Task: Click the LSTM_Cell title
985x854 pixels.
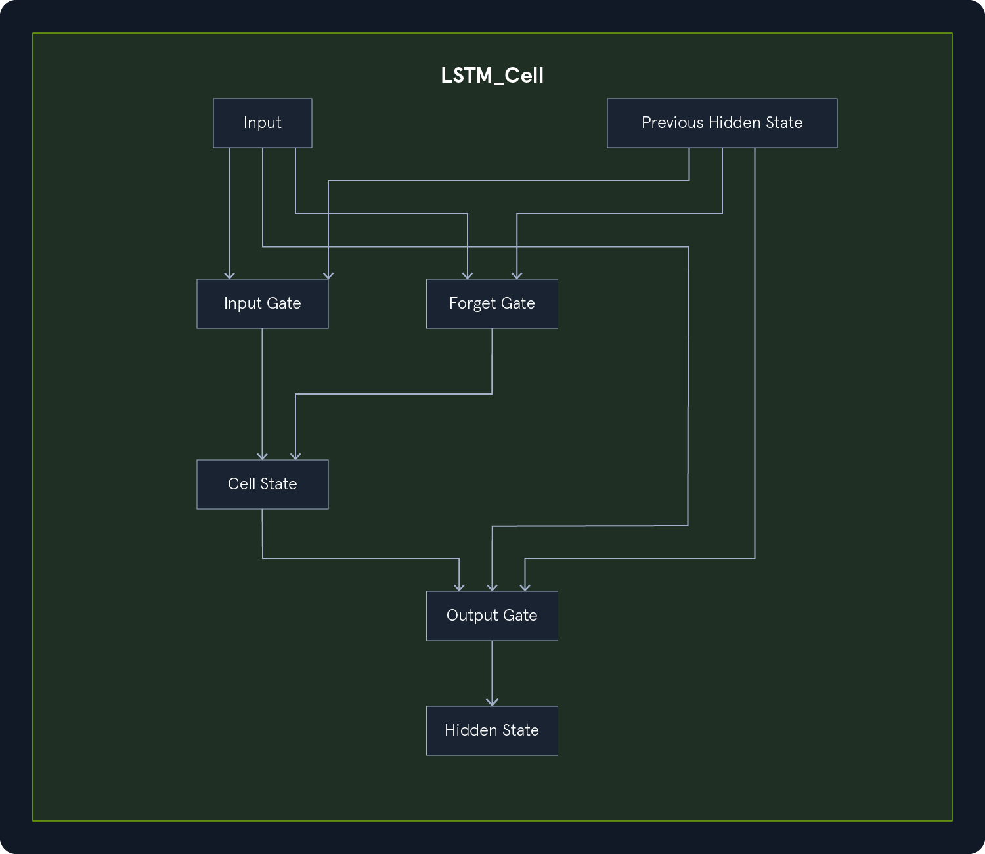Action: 492,76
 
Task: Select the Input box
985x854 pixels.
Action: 263,123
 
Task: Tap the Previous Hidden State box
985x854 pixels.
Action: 722,123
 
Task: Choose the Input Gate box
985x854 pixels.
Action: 263,303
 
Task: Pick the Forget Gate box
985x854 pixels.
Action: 492,303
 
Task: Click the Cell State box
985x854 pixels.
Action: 263,484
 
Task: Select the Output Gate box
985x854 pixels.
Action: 492,616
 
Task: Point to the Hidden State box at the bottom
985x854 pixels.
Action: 492,730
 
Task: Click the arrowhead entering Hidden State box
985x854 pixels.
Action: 492,702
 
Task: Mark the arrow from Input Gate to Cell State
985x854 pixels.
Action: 263,394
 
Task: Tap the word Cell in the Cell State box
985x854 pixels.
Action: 241,484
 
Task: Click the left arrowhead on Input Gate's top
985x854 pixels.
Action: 230,275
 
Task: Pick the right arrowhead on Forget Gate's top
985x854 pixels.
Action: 517,275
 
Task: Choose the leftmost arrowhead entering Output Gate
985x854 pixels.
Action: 460,587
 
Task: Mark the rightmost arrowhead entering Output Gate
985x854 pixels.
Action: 525,587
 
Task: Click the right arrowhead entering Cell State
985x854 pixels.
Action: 295,456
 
